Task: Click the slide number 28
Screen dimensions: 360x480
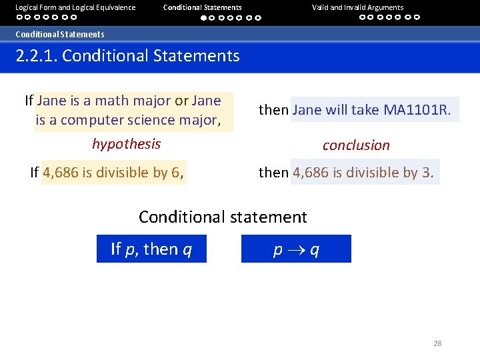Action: (x=437, y=343)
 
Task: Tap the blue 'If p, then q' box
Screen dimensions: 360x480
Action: (x=151, y=249)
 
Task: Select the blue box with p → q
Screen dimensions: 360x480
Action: (x=296, y=249)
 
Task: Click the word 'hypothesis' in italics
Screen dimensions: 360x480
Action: (x=126, y=144)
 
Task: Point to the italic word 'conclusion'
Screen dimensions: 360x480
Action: (x=356, y=145)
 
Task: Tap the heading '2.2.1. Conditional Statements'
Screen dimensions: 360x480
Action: (x=127, y=55)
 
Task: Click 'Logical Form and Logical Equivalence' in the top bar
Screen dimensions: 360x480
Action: (x=75, y=7)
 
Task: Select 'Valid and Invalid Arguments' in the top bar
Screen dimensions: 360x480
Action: (x=357, y=7)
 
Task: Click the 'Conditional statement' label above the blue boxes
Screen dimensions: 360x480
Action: (x=223, y=217)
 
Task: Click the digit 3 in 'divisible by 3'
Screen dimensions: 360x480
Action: (x=426, y=173)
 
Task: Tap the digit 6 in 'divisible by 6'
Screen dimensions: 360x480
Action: (x=175, y=173)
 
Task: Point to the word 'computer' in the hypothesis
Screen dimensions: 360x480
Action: (x=87, y=120)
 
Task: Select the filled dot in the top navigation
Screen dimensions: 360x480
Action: (x=204, y=18)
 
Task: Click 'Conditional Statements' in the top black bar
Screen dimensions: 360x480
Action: (x=202, y=7)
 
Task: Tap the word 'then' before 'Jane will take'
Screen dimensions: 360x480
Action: (x=273, y=110)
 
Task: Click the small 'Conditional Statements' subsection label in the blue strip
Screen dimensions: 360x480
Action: (x=60, y=34)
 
